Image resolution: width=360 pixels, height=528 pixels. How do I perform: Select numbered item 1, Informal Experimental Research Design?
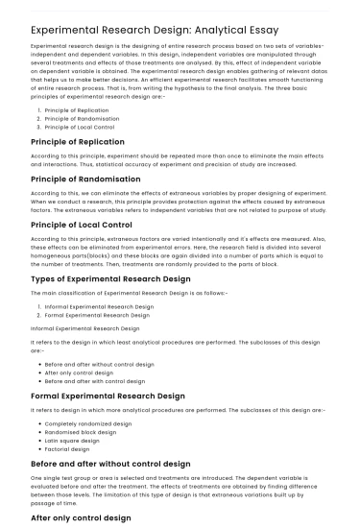[x=99, y=306]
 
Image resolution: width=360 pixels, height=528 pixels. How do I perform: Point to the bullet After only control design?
[x=77, y=372]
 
